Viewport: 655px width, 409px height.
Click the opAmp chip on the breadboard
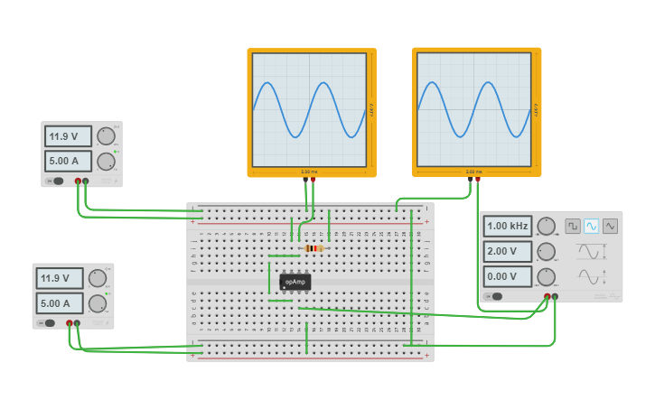(295, 282)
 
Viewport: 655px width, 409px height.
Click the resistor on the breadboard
(313, 248)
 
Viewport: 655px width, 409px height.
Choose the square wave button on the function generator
(572, 226)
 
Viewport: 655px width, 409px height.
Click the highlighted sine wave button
(591, 226)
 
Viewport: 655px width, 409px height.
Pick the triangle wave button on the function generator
(610, 226)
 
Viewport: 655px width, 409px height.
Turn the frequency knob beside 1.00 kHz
(546, 226)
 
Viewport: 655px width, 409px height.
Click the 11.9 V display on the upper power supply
(68, 136)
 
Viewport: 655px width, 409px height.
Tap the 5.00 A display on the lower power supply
(60, 302)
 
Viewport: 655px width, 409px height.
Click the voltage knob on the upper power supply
(106, 136)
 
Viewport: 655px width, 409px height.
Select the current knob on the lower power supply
(98, 303)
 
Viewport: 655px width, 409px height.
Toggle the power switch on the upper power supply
(58, 181)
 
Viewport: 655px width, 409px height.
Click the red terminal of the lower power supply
(70, 322)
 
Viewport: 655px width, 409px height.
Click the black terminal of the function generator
(555, 296)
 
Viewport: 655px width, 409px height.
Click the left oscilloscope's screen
(310, 109)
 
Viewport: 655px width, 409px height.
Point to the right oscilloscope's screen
(474, 109)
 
